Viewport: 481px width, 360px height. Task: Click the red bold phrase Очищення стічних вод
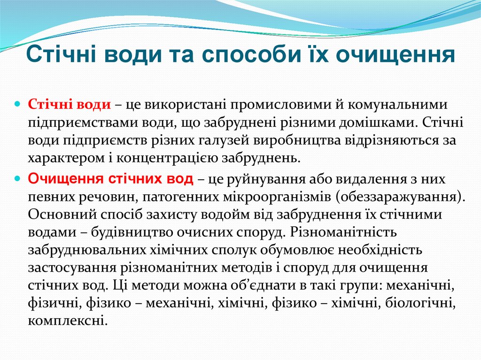[110, 179]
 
